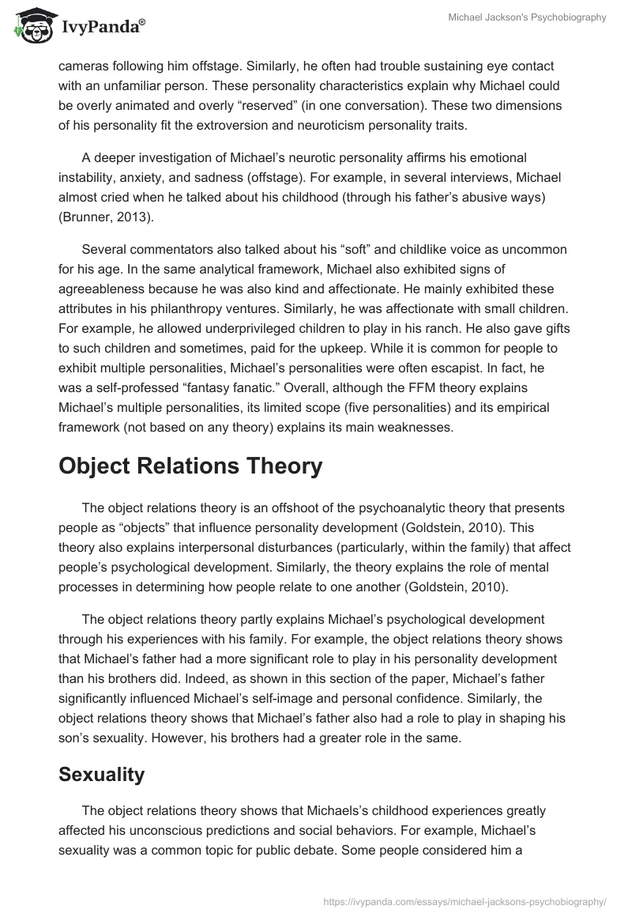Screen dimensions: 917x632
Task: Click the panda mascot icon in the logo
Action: click(29, 26)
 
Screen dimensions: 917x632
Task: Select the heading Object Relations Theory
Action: click(190, 466)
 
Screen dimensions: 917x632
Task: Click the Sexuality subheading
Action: click(101, 775)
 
